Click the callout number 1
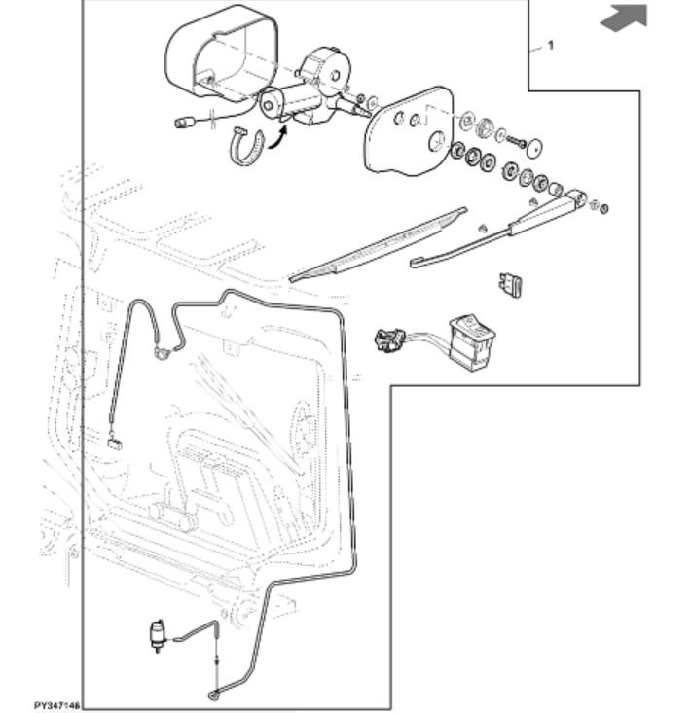(x=551, y=45)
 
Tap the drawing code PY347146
(x=55, y=705)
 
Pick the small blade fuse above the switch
(x=511, y=283)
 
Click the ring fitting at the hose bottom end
(x=213, y=695)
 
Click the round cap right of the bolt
(x=533, y=148)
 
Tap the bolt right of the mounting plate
(x=513, y=143)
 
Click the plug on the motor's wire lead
(x=182, y=123)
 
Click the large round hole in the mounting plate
(x=437, y=141)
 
